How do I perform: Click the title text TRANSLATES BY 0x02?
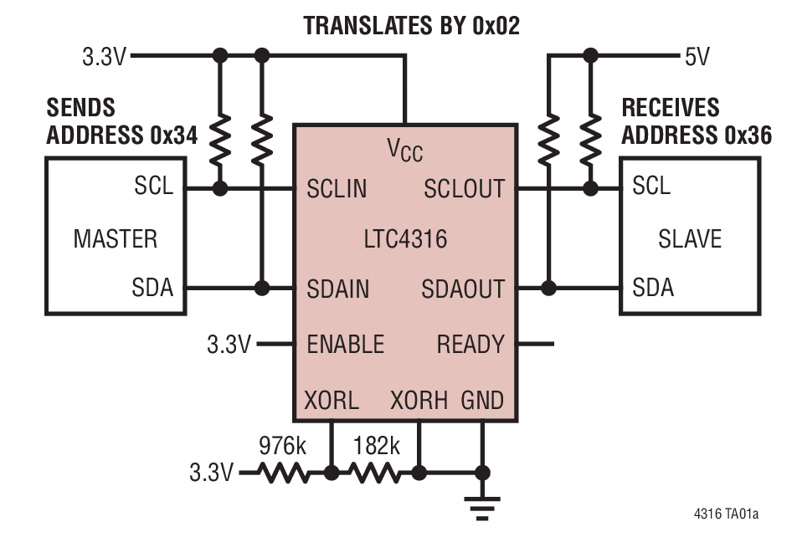(x=411, y=25)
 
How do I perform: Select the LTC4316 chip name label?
(x=405, y=239)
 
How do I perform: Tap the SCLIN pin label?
(x=337, y=188)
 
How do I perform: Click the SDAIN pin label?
(x=337, y=289)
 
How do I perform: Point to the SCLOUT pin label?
(x=464, y=188)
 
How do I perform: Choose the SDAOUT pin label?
(x=463, y=289)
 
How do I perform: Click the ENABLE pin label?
(x=345, y=344)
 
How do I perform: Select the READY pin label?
(x=470, y=344)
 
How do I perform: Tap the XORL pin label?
(x=332, y=400)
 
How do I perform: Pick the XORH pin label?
(x=419, y=400)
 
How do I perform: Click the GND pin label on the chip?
(x=482, y=400)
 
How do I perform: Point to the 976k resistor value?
(x=282, y=445)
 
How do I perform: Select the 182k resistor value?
(x=376, y=445)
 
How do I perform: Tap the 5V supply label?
(x=697, y=57)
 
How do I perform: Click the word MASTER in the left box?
(x=115, y=239)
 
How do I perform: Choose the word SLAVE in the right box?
(x=689, y=239)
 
